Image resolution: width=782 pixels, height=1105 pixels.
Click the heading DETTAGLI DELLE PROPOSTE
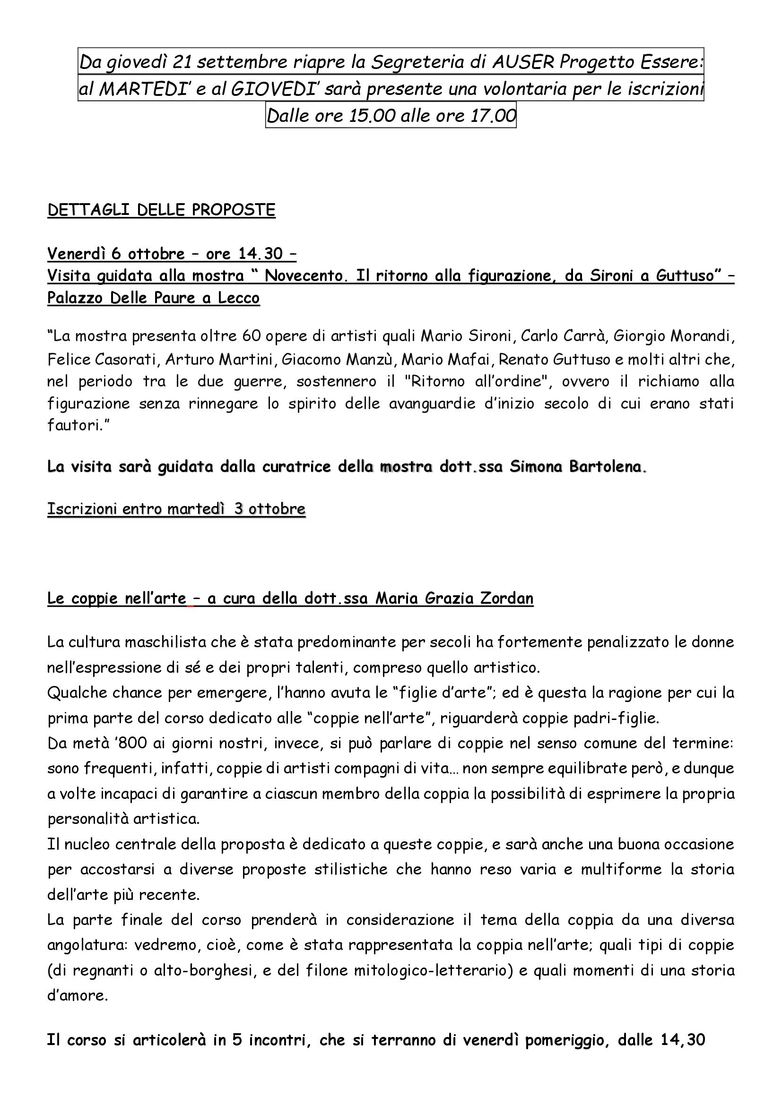coord(161,210)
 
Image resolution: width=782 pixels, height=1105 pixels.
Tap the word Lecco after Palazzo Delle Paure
coord(239,298)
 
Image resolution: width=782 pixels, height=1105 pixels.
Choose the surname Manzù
coord(373,359)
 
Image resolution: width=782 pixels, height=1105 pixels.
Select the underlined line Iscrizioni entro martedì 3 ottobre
coord(176,509)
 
